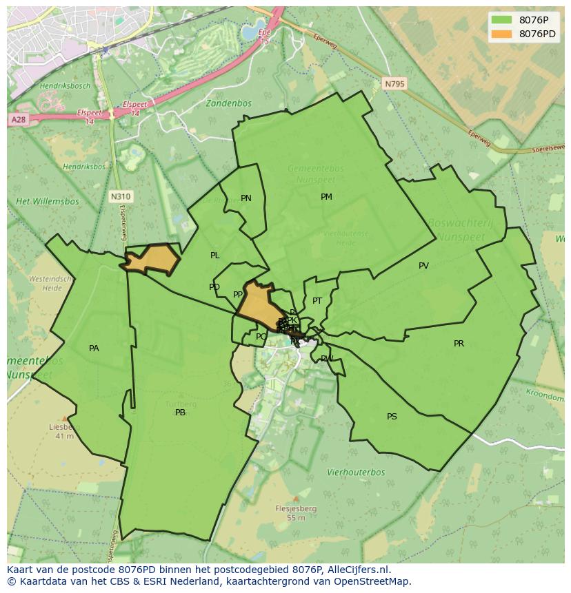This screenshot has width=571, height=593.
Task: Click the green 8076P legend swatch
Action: tap(501, 20)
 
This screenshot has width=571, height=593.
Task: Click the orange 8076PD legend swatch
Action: tap(501, 34)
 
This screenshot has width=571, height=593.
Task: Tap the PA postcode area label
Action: tap(94, 348)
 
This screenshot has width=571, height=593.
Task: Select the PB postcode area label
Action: tap(180, 413)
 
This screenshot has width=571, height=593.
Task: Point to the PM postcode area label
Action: tap(326, 197)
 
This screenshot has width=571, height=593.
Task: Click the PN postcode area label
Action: tap(246, 198)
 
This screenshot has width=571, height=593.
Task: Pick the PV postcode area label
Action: tap(423, 266)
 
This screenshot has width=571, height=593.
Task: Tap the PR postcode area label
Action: tap(459, 344)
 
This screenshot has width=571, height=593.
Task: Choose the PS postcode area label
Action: tap(392, 417)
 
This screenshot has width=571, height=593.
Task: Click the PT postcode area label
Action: tap(317, 301)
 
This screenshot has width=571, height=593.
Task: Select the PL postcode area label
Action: tap(215, 256)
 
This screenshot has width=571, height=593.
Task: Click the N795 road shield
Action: tap(394, 84)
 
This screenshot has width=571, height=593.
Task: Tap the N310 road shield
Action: tap(120, 197)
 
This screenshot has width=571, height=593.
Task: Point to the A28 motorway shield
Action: tap(18, 120)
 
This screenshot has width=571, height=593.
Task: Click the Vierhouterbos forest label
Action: tap(356, 472)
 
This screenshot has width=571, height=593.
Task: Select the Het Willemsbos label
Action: tap(48, 202)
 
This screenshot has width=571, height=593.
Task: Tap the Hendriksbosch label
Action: tap(65, 86)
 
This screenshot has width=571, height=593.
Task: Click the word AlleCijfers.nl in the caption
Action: tap(358, 570)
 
